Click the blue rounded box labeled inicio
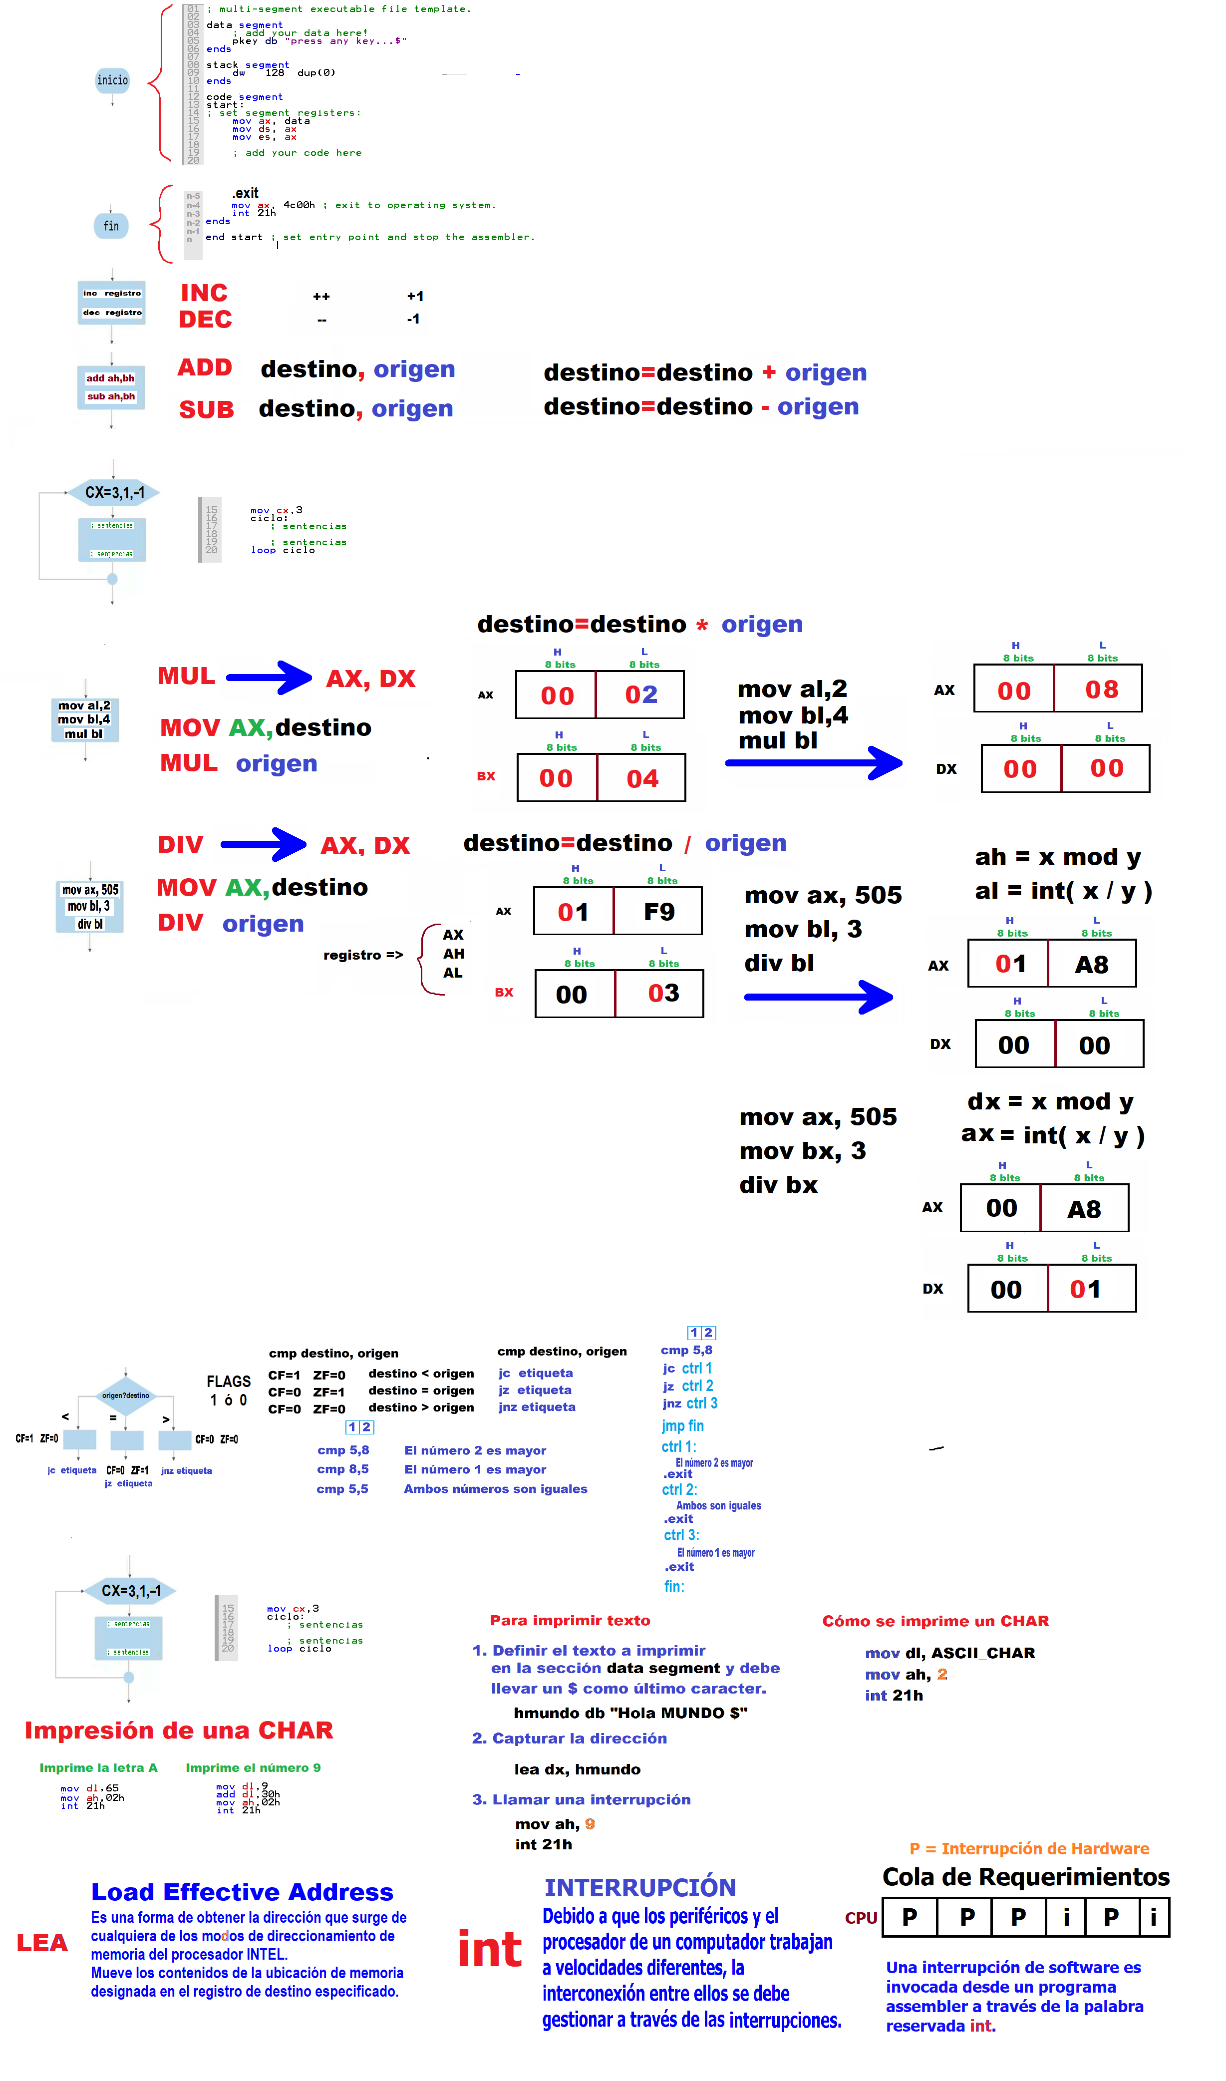pyautogui.click(x=112, y=80)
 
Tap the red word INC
pyautogui.click(x=204, y=293)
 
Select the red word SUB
pyautogui.click(x=207, y=410)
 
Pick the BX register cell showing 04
pyautogui.click(x=642, y=778)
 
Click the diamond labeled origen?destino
pyautogui.click(x=126, y=1395)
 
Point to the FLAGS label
pyautogui.click(x=229, y=1382)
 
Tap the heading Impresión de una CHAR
pyautogui.click(x=178, y=1731)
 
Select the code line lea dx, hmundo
pyautogui.click(x=578, y=1769)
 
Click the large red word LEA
pyautogui.click(x=42, y=1943)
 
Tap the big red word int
pyautogui.click(x=490, y=1951)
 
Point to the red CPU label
pyautogui.click(x=861, y=1918)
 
